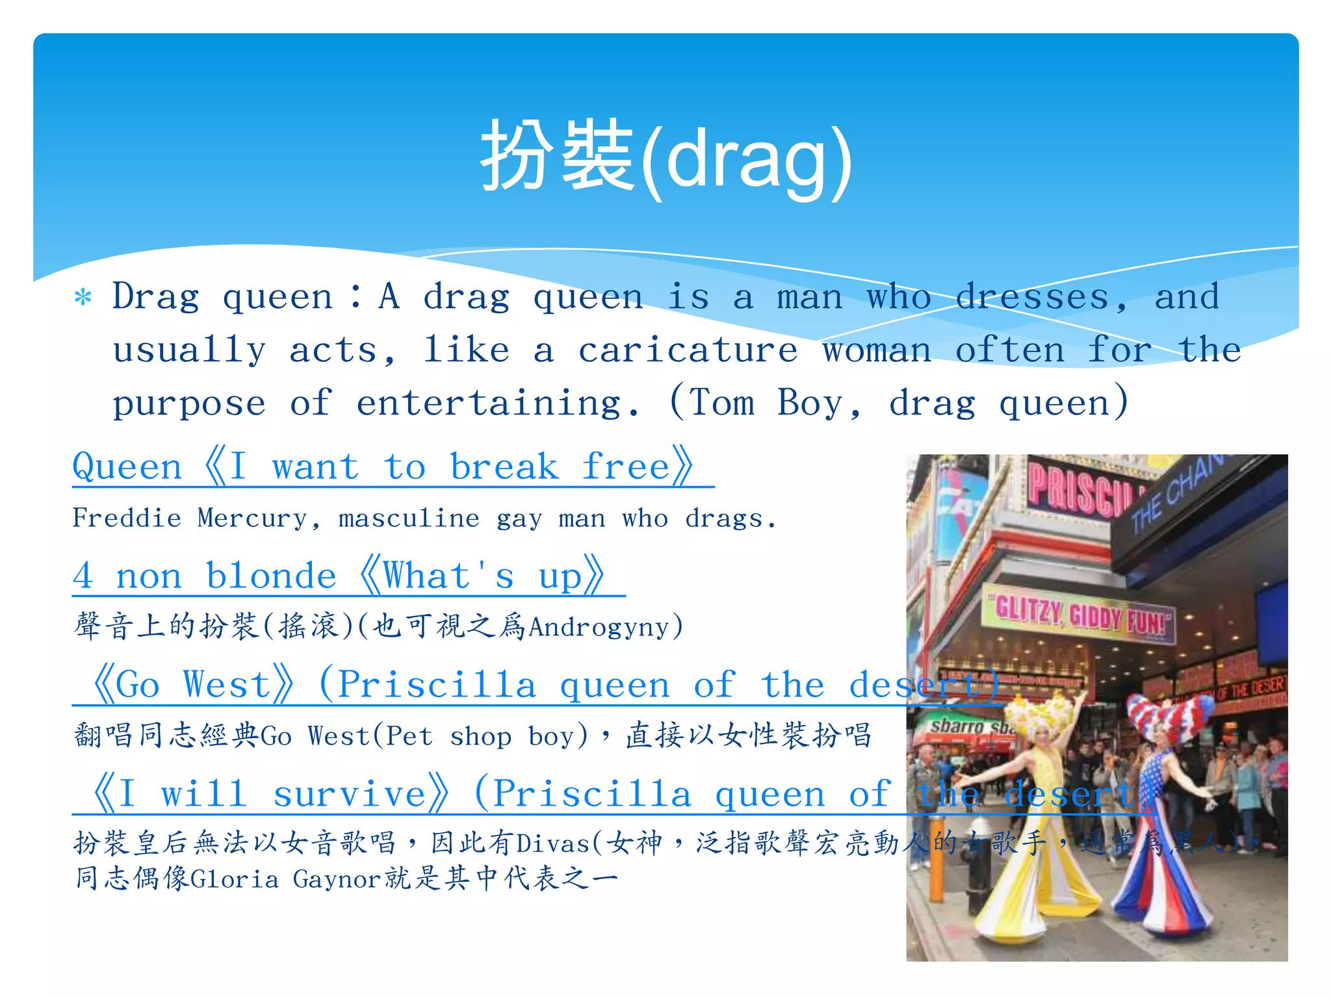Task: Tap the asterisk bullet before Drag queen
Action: pos(83,298)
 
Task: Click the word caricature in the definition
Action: pos(688,351)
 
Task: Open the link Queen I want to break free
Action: pos(383,467)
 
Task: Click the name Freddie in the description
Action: pos(127,518)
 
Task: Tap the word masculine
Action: pos(409,518)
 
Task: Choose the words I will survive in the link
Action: pos(270,794)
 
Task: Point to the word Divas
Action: pos(552,844)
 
